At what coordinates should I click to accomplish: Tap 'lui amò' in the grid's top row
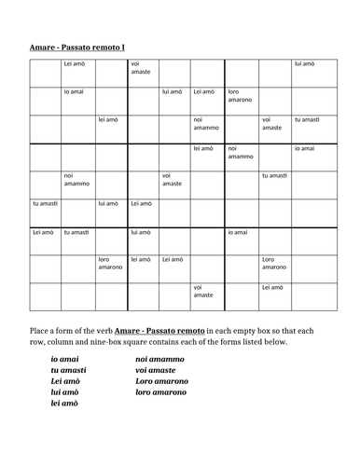click(x=304, y=64)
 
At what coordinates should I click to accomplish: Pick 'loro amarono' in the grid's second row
click(x=239, y=95)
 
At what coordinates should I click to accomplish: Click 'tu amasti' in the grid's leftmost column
click(x=45, y=203)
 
